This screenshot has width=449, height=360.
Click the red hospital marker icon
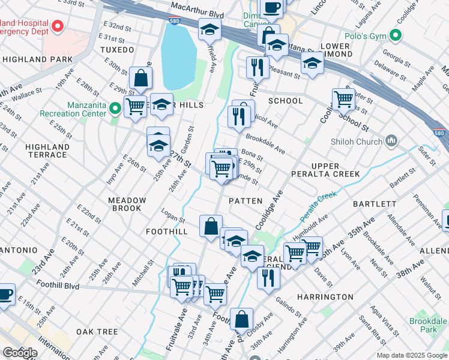[x=58, y=26]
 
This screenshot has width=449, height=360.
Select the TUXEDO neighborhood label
[x=117, y=49]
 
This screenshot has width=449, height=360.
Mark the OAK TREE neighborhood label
[x=97, y=332]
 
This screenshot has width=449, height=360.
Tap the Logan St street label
[x=173, y=214]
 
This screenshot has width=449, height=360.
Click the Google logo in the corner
[x=20, y=352]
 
